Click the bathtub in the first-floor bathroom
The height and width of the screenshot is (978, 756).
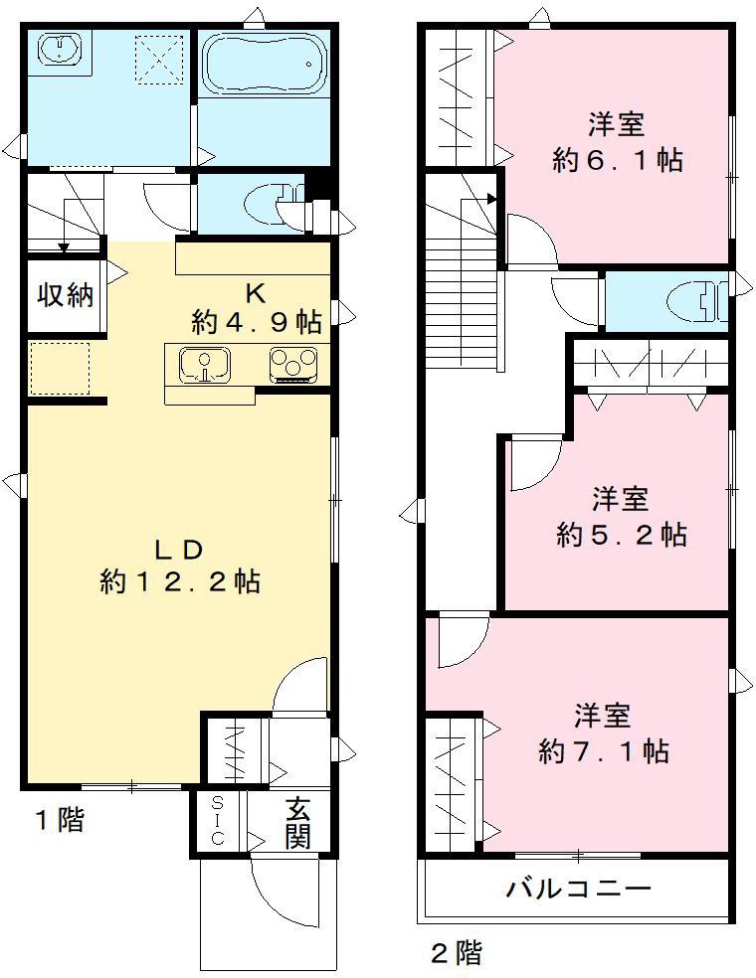click(264, 62)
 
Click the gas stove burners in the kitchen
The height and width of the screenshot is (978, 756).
click(292, 364)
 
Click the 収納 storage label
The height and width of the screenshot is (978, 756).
click(67, 295)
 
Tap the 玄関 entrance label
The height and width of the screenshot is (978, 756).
click(297, 824)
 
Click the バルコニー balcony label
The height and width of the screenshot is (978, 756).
click(578, 888)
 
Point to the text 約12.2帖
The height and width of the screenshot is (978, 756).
click(180, 582)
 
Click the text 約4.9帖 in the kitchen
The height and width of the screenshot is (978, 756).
click(256, 322)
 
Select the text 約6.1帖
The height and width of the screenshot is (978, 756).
click(618, 160)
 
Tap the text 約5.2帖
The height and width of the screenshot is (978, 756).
click(622, 535)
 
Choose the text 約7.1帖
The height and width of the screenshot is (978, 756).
click(604, 750)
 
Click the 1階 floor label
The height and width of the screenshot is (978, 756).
click(60, 821)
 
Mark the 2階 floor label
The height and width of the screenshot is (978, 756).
click(457, 954)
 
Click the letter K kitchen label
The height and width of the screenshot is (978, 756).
click(256, 293)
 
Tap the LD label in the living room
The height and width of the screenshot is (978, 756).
click(179, 550)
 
